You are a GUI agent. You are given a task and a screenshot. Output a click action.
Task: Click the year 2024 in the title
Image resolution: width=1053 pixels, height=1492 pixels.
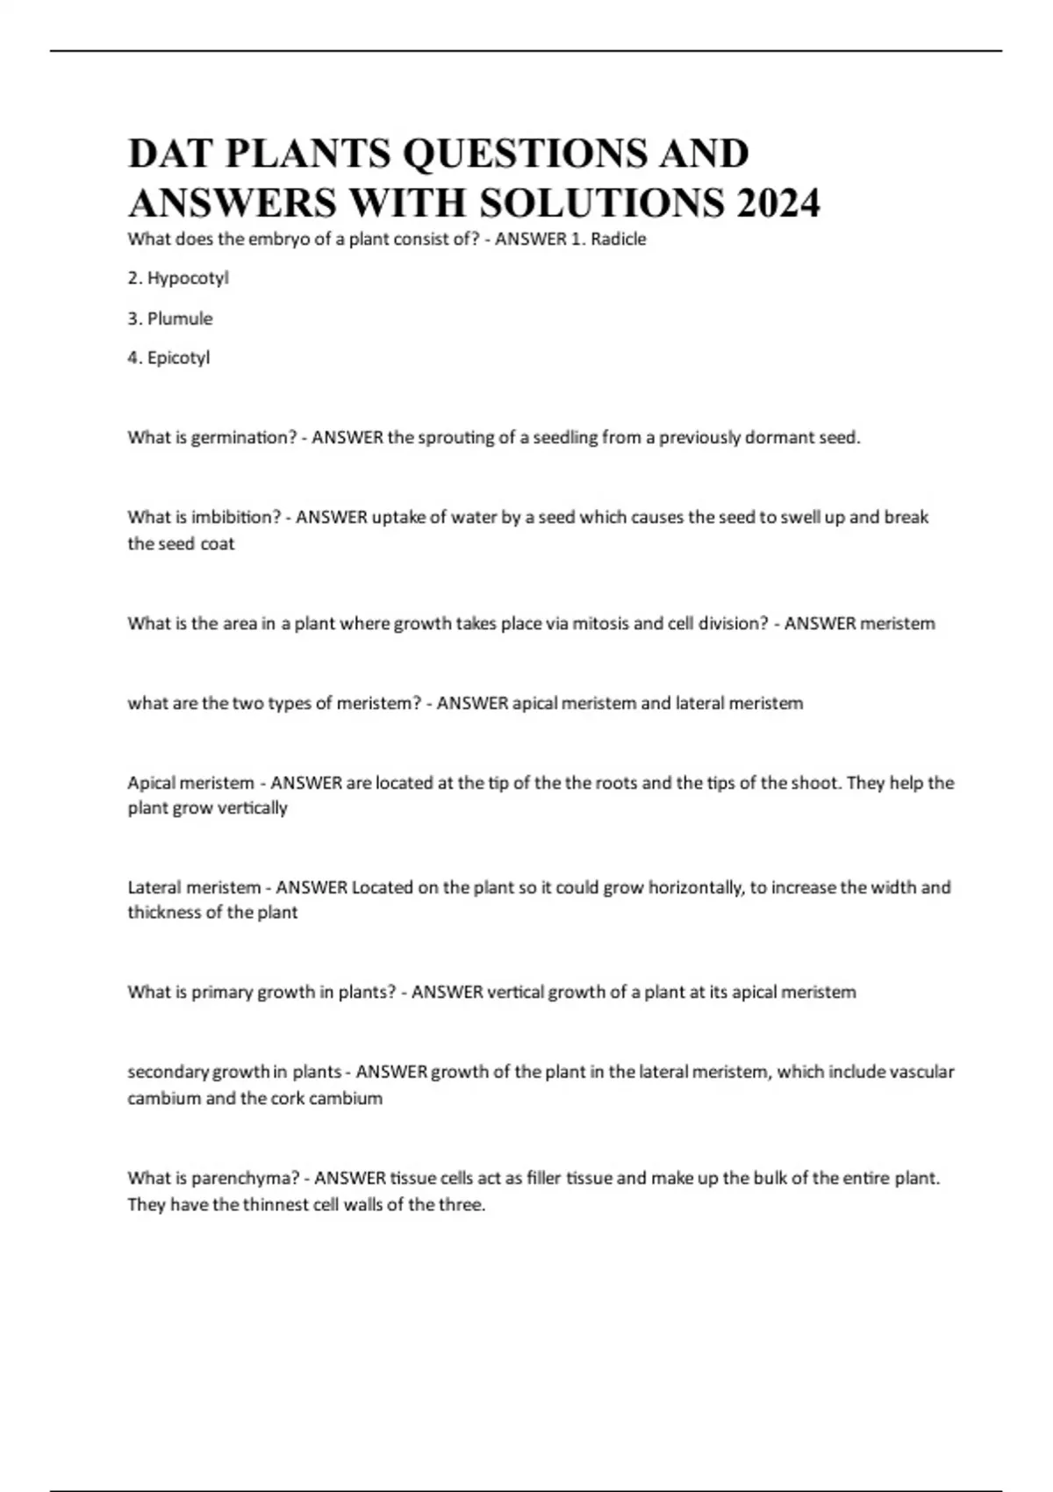point(778,203)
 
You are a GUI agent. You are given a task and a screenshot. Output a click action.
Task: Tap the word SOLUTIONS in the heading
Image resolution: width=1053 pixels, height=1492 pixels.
point(602,203)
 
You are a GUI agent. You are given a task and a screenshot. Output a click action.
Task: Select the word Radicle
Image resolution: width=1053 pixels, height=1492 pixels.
point(619,239)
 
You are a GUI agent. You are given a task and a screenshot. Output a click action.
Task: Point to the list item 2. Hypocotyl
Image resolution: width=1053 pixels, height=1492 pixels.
point(178,278)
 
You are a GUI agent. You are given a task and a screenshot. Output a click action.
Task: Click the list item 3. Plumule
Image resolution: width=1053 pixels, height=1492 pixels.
point(170,319)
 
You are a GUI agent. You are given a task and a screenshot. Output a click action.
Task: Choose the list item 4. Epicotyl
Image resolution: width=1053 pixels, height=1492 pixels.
point(168,358)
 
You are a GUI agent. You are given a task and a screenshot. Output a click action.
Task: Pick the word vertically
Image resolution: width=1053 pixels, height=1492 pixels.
point(254,808)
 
